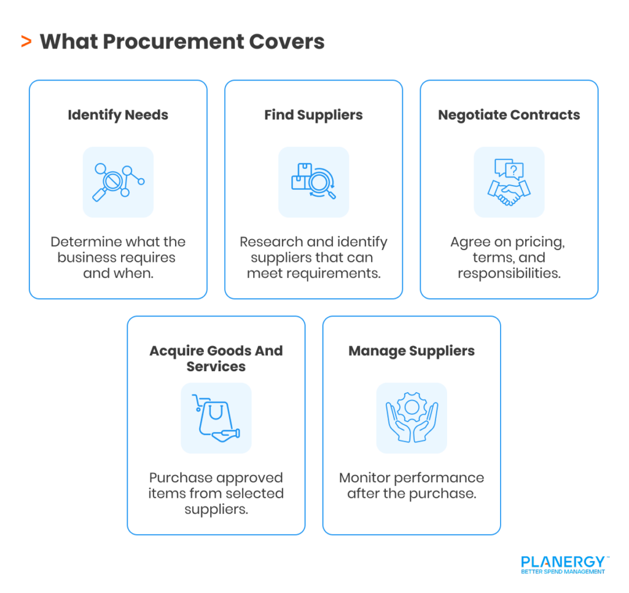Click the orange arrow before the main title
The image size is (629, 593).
26,42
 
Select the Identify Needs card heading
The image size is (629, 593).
118,115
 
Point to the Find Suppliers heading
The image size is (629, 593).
313,115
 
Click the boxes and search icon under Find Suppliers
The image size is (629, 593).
313,182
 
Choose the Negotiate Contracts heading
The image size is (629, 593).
509,115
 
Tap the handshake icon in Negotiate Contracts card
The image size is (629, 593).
509,192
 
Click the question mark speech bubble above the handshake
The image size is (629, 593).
516,169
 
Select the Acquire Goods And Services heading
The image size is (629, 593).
216,358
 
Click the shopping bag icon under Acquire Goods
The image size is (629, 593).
215,418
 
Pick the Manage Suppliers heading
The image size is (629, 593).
412,351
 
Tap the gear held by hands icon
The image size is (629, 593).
412,418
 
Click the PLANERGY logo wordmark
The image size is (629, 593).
563,562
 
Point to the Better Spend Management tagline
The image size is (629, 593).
563,572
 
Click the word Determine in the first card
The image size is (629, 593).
83,242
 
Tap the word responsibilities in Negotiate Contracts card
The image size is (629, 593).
509,273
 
